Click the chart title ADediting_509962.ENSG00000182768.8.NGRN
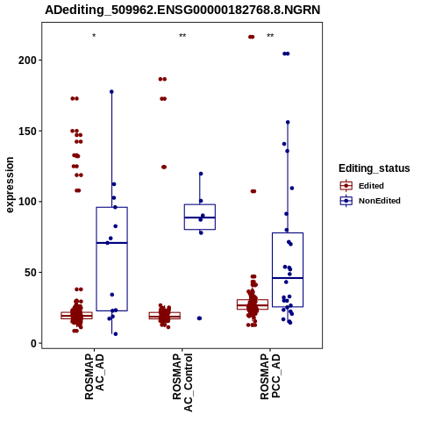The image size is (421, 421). [x=182, y=10]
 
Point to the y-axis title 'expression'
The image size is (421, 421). [x=10, y=185]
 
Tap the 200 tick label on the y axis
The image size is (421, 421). [x=27, y=61]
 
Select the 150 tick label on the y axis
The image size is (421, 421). [x=27, y=131]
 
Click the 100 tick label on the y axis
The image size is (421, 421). [x=27, y=202]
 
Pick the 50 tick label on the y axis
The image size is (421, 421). [x=31, y=273]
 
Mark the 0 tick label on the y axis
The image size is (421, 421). [x=33, y=344]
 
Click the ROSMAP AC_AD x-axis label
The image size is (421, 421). [x=95, y=377]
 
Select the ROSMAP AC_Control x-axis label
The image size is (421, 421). [x=182, y=382]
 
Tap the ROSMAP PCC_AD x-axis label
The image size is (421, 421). [x=270, y=377]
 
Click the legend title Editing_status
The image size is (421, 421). [x=375, y=168]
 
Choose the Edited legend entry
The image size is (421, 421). [x=362, y=186]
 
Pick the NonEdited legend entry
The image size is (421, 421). [x=370, y=201]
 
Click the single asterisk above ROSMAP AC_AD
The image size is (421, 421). [x=94, y=36]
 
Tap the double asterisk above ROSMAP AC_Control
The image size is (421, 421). [x=182, y=36]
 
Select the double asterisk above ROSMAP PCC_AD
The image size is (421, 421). [x=270, y=36]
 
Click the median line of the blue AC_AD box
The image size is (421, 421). [x=111, y=243]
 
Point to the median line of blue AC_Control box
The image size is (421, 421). [x=200, y=218]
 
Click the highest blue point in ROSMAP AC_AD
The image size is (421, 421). [x=111, y=92]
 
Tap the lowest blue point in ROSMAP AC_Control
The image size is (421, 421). [x=199, y=318]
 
